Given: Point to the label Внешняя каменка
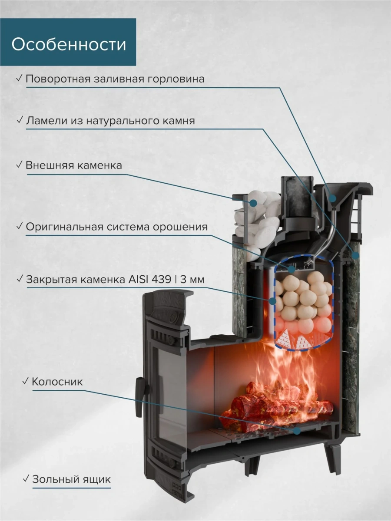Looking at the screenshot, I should point(73,165).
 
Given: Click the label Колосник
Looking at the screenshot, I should point(57,382).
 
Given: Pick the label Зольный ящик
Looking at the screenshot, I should point(71,479).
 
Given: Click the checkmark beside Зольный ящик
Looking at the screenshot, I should point(26,479).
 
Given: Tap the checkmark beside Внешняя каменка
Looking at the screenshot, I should point(19,165).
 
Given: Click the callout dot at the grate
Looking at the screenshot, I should point(297,430).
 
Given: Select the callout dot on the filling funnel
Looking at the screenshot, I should point(333,198).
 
